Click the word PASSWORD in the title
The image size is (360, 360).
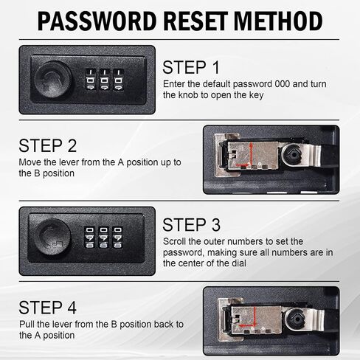point(97,21)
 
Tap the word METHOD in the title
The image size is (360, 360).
point(278,21)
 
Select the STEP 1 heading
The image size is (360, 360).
point(191,67)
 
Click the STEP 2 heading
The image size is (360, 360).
point(48,145)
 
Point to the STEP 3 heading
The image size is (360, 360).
point(191,225)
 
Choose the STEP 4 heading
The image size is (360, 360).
point(48,308)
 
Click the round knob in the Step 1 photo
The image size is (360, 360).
point(53,80)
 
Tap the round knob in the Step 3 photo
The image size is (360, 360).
point(52,237)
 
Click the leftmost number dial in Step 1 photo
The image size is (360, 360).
point(91,80)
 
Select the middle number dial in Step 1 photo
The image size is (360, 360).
point(105,80)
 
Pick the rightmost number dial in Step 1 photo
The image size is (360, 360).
point(119,80)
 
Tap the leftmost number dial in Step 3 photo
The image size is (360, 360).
point(89,238)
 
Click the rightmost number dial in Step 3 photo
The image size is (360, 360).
point(117,238)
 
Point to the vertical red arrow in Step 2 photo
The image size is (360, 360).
point(251,153)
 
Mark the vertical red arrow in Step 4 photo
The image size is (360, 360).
point(255,316)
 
